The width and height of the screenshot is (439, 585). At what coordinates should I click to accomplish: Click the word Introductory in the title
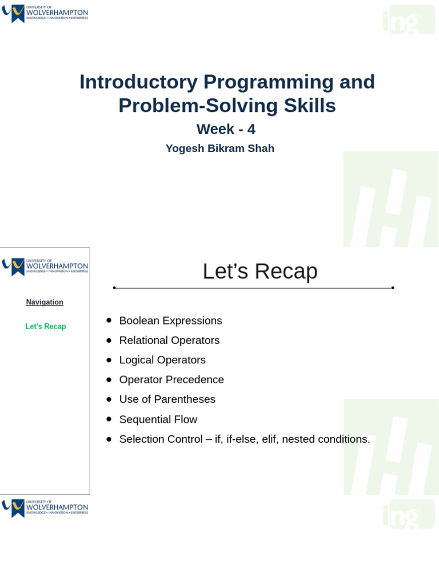tap(138, 82)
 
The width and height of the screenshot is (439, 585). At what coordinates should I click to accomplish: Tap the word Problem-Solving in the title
tap(193, 106)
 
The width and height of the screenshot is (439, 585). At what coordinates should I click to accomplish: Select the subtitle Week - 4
tap(226, 129)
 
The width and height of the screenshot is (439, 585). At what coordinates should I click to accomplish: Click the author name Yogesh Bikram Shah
tap(220, 149)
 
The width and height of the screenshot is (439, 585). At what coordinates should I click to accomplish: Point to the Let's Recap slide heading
tap(260, 271)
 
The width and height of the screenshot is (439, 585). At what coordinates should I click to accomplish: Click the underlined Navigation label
tap(45, 302)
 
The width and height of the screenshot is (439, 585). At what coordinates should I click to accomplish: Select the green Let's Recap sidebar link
tap(46, 327)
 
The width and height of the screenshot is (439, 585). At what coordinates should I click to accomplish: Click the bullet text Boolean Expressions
tap(170, 321)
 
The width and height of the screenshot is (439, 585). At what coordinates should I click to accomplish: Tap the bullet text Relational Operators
tap(169, 340)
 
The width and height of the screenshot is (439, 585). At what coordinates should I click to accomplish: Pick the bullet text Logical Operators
tap(162, 360)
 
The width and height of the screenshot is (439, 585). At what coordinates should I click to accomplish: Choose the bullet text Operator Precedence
tap(171, 380)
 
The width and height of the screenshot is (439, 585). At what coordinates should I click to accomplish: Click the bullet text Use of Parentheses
tap(167, 399)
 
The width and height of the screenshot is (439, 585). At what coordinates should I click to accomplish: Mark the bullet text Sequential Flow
tap(158, 419)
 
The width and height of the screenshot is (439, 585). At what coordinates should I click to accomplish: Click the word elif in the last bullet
tap(269, 439)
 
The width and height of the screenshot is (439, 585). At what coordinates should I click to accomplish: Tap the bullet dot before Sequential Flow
tap(109, 419)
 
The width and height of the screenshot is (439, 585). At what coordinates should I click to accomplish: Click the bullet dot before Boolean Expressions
tap(109, 320)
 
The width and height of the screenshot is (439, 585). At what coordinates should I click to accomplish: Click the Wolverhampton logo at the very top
tap(45, 13)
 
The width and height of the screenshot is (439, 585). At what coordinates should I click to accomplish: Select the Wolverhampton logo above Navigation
tap(45, 267)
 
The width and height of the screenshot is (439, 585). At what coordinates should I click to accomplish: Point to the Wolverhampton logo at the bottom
tap(45, 508)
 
